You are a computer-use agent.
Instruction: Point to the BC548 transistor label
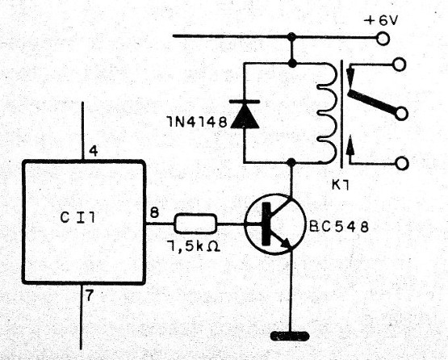(340, 227)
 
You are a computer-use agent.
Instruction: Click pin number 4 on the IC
(94, 151)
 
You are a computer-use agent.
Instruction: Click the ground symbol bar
(291, 334)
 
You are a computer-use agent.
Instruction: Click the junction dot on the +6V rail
(291, 36)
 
